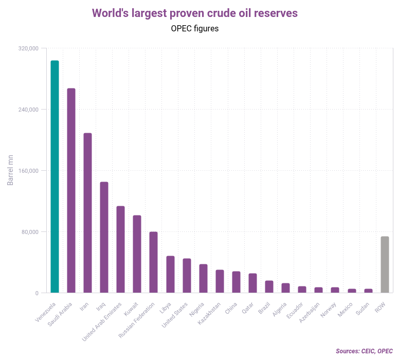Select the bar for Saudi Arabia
[71, 190]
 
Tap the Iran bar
[87, 213]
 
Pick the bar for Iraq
[104, 237]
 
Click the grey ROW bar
[384, 264]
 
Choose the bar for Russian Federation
[153, 262]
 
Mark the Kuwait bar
[137, 254]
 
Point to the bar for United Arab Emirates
[120, 249]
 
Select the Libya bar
[170, 274]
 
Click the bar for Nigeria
[203, 278]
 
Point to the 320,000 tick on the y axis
[29, 48]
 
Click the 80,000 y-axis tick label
[30, 232]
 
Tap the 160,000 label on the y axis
[29, 171]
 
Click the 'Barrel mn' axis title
[10, 169]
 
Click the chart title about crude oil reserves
[194, 13]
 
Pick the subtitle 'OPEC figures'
[194, 29]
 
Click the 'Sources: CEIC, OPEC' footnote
[364, 351]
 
